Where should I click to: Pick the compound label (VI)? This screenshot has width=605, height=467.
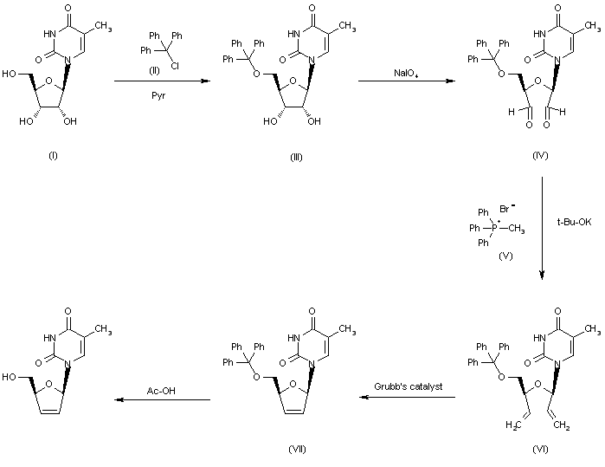(541, 449)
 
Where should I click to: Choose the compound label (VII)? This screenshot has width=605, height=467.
(296, 448)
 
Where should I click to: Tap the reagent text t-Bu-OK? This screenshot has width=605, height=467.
(575, 223)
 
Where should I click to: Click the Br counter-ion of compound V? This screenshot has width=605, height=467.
(506, 210)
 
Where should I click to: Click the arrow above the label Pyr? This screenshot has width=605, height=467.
(163, 81)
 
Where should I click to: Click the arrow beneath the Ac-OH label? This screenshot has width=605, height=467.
(164, 399)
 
